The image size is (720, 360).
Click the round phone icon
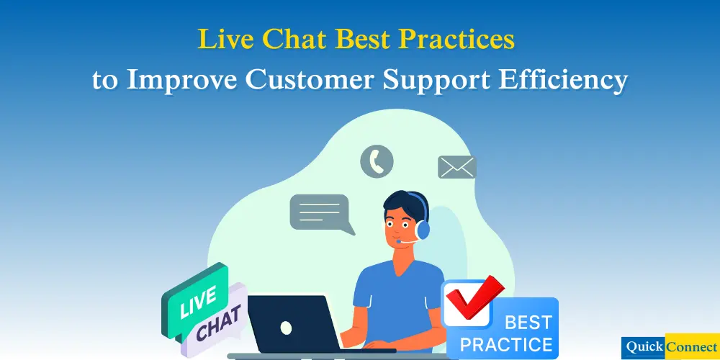click(377, 161)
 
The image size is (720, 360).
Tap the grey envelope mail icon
click(456, 167)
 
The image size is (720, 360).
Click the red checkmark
click(475, 296)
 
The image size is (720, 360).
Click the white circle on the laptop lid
click(286, 328)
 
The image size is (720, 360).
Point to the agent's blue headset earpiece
click(423, 228)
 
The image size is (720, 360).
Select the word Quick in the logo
click(644, 346)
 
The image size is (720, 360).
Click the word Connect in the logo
click(692, 346)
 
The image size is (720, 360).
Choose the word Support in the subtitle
click(440, 81)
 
